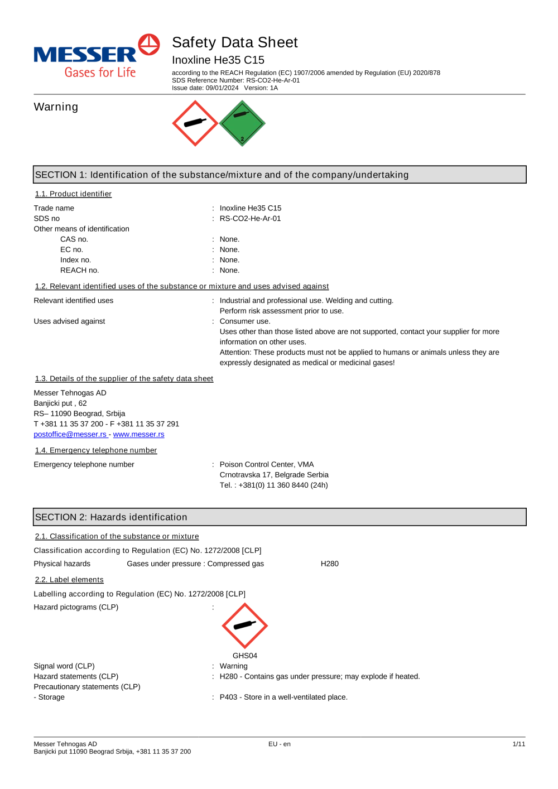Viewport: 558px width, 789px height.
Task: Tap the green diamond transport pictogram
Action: click(x=242, y=123)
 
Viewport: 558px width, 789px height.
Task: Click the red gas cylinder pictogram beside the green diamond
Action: click(x=195, y=123)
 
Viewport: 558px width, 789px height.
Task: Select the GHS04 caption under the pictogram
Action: click(x=245, y=656)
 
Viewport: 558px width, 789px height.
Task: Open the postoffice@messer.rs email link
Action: click(x=70, y=434)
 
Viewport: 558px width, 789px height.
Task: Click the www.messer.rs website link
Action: click(x=138, y=434)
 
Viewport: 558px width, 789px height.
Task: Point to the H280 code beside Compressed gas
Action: click(x=329, y=564)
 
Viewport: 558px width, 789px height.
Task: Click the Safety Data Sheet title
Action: click(x=234, y=42)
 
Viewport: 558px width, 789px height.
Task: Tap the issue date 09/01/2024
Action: click(x=222, y=88)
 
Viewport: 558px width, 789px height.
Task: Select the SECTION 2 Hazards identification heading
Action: click(x=111, y=517)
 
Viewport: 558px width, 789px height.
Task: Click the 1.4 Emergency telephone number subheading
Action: click(x=96, y=450)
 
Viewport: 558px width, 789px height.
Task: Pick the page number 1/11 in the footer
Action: click(x=518, y=744)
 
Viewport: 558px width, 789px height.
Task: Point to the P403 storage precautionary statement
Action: click(x=283, y=697)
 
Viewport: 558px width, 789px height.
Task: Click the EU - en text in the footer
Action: click(x=279, y=744)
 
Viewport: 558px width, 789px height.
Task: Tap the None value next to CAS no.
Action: click(x=229, y=239)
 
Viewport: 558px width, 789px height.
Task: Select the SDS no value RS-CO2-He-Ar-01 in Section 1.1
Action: click(x=250, y=219)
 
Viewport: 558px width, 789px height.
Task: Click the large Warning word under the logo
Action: click(x=56, y=107)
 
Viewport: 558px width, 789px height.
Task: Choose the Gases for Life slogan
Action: click(x=100, y=73)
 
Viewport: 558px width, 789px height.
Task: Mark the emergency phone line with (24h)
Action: click(x=273, y=485)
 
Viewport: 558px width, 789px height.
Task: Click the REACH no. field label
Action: click(x=79, y=271)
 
